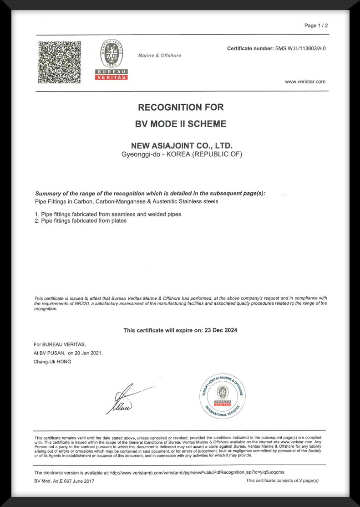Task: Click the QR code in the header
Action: point(59,62)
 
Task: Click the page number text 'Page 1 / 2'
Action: point(316,26)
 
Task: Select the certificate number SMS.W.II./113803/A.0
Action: point(300,48)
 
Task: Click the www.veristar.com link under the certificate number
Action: point(305,82)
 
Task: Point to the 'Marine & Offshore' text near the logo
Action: point(159,56)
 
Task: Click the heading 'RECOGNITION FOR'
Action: point(181,108)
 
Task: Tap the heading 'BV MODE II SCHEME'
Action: point(181,124)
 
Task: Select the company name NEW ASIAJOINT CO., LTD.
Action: point(182,146)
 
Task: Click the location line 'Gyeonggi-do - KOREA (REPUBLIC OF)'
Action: point(182,154)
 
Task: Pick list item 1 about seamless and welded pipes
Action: point(108,214)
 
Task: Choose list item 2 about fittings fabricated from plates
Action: point(81,221)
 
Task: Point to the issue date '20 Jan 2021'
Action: point(89,353)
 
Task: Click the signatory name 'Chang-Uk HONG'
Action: point(52,362)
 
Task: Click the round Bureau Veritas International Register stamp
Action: point(223,396)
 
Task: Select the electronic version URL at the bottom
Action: point(197,472)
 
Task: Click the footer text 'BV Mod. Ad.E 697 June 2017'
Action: point(64,481)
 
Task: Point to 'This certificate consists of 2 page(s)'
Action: point(282,481)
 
